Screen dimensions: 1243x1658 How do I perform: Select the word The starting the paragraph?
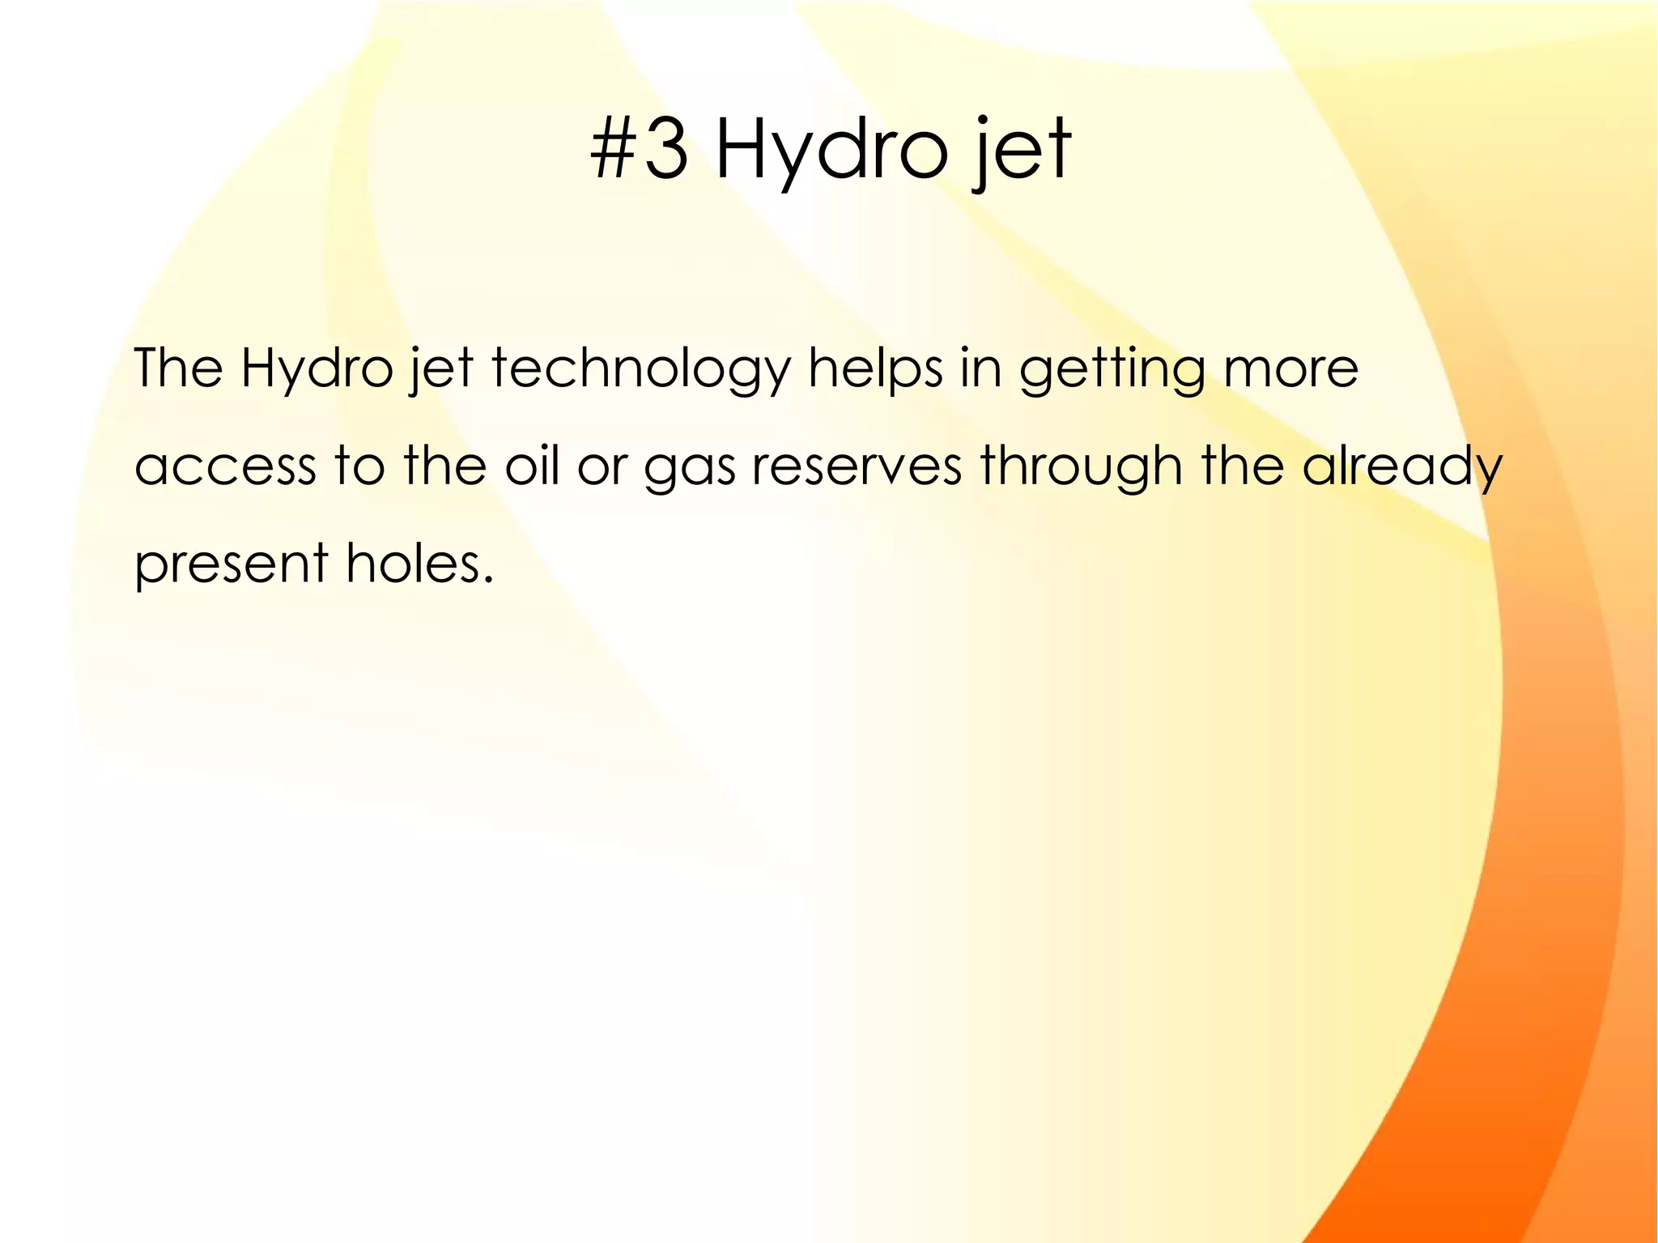[177, 368]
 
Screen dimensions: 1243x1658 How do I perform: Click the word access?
[224, 468]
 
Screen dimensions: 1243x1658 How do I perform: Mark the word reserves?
[857, 468]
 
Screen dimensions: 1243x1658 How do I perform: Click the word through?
[1081, 468]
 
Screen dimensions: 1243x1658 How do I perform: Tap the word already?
[1401, 468]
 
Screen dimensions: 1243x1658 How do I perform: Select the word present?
[231, 565]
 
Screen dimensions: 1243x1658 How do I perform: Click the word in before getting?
[980, 368]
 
